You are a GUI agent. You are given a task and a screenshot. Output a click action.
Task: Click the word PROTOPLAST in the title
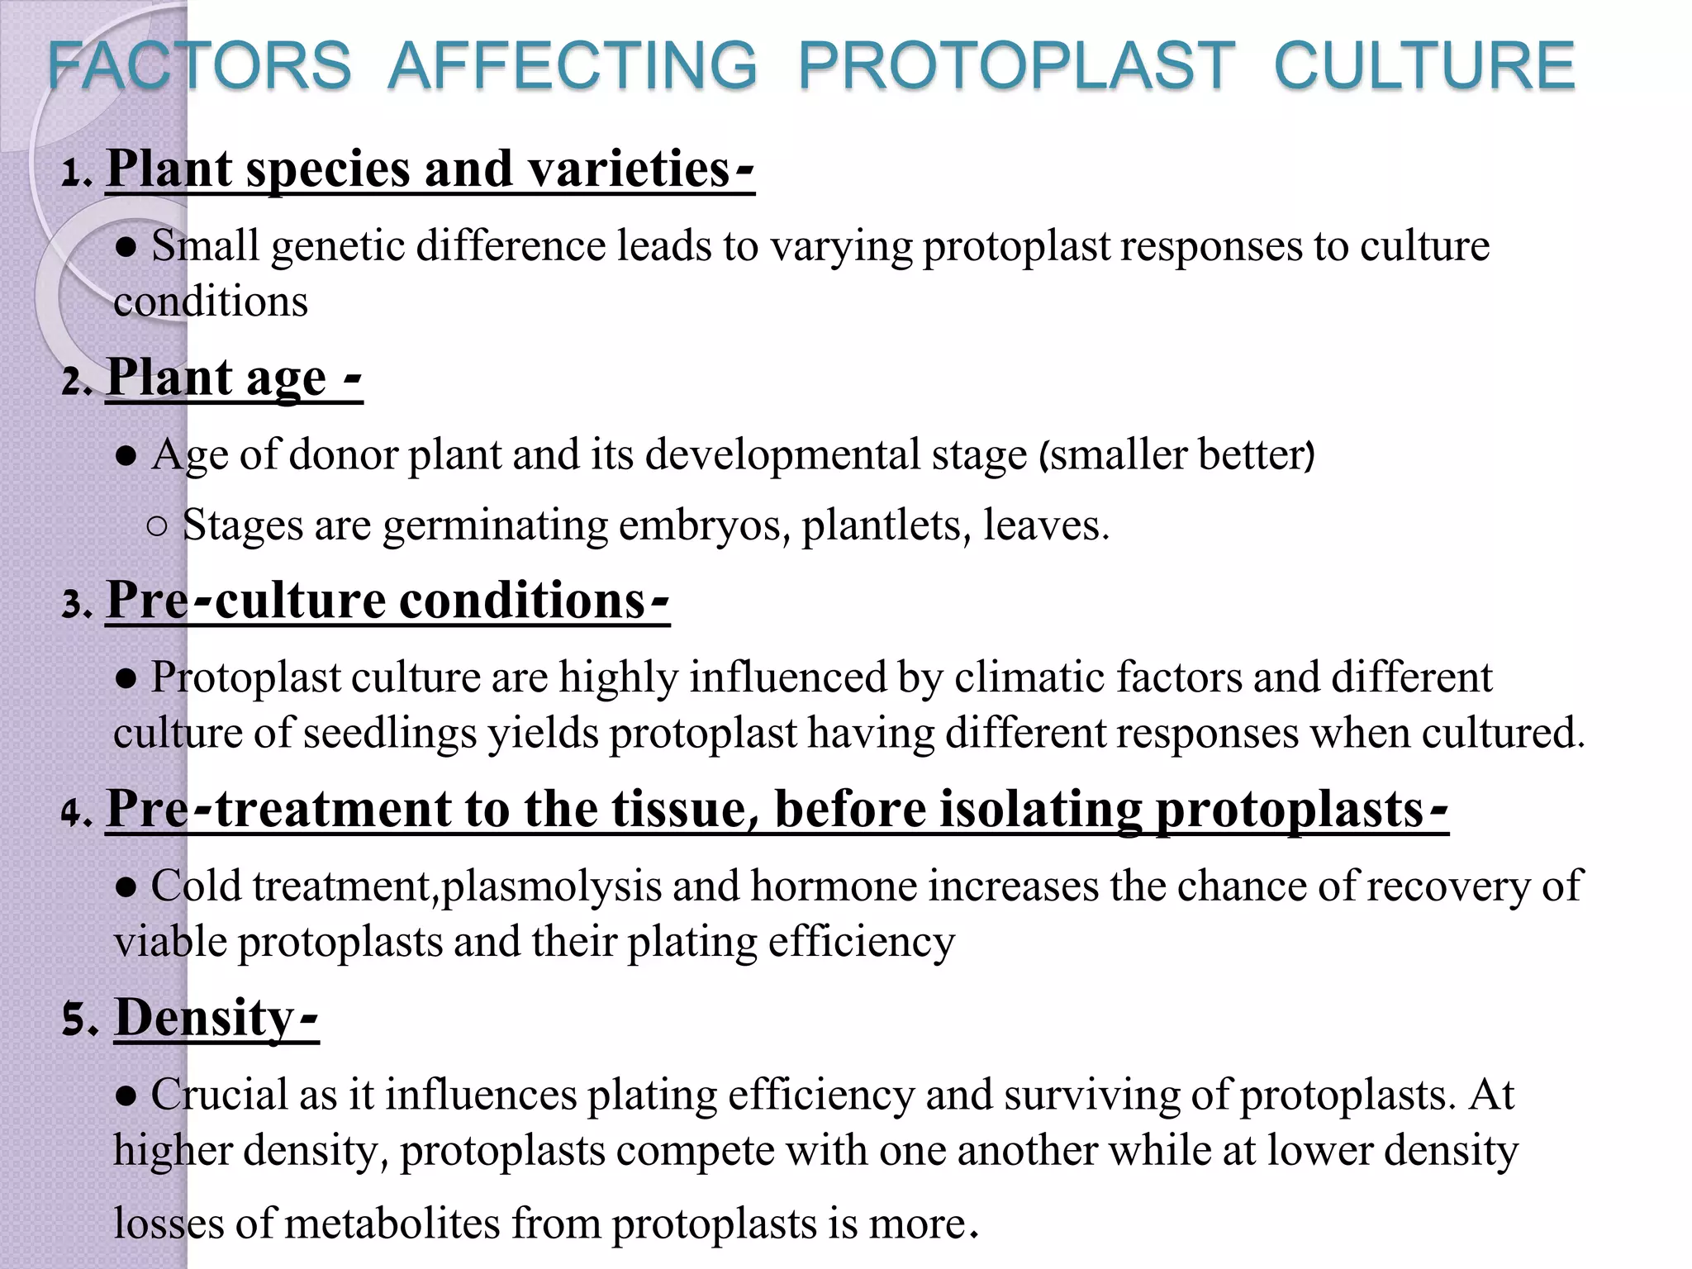coord(1016,66)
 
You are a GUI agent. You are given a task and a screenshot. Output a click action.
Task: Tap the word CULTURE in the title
coord(1424,66)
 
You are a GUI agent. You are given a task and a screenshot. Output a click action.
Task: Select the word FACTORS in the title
coord(199,66)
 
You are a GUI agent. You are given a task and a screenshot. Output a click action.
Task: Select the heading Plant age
coord(216,378)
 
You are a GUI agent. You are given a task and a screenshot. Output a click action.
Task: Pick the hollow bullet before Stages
coord(158,526)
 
